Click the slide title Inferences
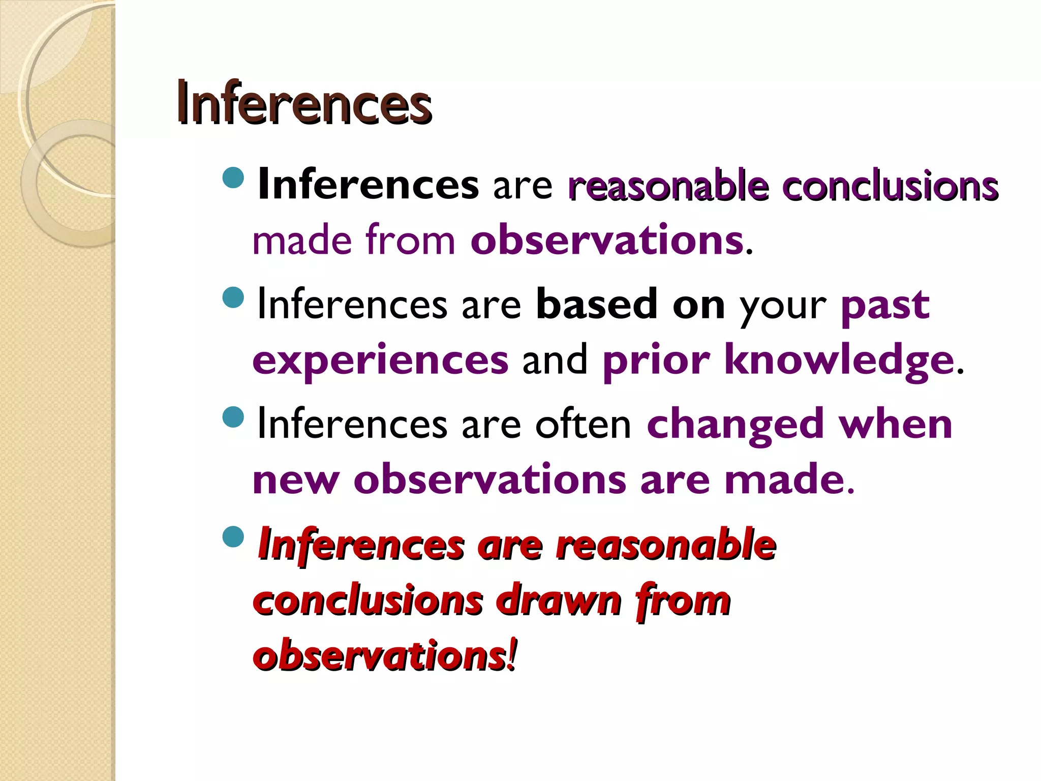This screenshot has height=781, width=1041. [304, 104]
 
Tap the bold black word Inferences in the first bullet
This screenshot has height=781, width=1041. [368, 185]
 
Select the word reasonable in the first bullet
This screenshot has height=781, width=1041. [668, 186]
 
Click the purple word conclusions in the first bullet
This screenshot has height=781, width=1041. [890, 186]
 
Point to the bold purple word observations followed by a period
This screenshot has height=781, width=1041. [607, 240]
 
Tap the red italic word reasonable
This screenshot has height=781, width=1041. [665, 545]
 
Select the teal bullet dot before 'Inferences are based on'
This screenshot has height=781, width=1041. [234, 297]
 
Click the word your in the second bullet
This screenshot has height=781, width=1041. [783, 306]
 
